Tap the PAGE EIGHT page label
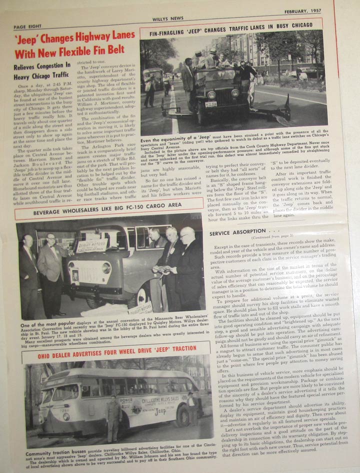point(29,26)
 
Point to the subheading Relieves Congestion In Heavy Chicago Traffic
point(42,70)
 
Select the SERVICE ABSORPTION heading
point(238,232)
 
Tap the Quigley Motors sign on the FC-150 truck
point(92,245)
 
